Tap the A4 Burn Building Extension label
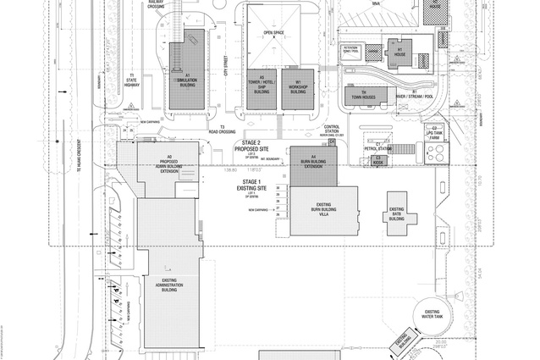tap(313, 162)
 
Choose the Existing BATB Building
tap(397, 213)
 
